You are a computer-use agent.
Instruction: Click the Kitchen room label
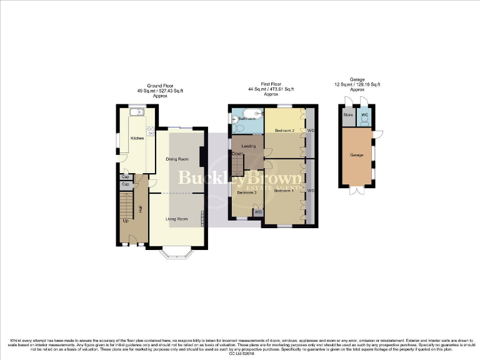pos(137,138)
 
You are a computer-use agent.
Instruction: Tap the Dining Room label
pos(177,159)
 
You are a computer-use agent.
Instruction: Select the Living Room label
pos(177,219)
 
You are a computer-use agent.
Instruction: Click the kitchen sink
pos(137,112)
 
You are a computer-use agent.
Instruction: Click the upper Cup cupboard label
pos(125,177)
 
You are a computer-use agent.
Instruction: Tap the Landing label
pos(248,146)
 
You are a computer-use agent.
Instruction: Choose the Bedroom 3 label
pos(247,192)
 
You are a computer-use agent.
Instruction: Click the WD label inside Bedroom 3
pos(258,212)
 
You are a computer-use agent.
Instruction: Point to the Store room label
pos(348,115)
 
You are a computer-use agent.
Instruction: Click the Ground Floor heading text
pos(159,85)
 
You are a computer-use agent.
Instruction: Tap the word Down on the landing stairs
pos(237,154)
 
